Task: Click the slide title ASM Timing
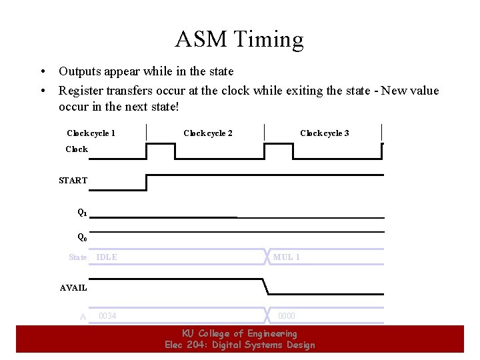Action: (239, 40)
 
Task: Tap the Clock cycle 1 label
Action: (91, 133)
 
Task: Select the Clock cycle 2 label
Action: (208, 133)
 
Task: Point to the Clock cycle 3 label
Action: (325, 133)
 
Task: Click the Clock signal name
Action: (77, 149)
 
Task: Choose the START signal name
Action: (73, 181)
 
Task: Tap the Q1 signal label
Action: (82, 213)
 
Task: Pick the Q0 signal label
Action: (82, 237)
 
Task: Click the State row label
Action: (78, 257)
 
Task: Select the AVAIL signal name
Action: (73, 288)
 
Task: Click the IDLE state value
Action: (107, 257)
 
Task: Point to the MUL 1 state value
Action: (287, 257)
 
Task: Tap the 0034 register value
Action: (107, 316)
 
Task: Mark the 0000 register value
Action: (287, 316)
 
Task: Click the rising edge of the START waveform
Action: (146, 182)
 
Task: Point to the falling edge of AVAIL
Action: (266, 287)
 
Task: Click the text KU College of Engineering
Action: (239, 333)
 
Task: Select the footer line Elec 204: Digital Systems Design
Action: (239, 345)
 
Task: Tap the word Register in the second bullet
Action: (82, 91)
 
